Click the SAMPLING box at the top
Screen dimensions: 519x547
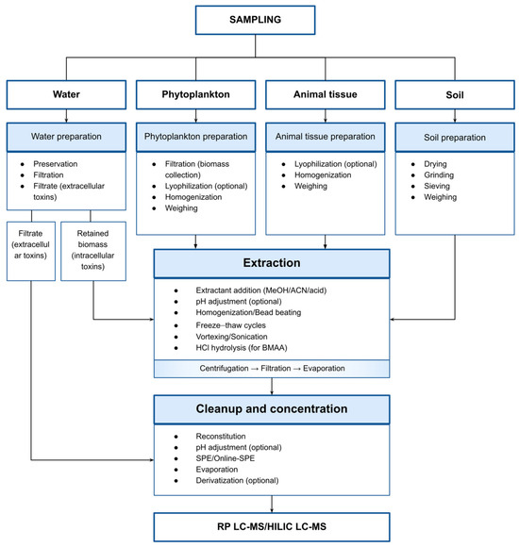pyautogui.click(x=255, y=20)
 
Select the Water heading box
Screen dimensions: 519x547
pyautogui.click(x=66, y=94)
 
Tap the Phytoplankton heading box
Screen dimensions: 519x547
pyautogui.click(x=195, y=94)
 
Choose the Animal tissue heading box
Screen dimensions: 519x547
pyautogui.click(x=326, y=94)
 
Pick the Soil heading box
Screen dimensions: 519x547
pyautogui.click(x=455, y=95)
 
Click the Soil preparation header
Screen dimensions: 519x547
pyautogui.click(x=455, y=137)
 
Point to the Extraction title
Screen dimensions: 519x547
pyautogui.click(x=272, y=263)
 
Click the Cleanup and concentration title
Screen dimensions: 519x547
pyautogui.click(x=272, y=409)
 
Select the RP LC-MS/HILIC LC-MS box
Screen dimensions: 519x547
pyautogui.click(x=272, y=527)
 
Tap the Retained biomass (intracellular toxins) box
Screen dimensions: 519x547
pyautogui.click(x=93, y=251)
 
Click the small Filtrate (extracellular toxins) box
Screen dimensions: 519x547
pyautogui.click(x=31, y=251)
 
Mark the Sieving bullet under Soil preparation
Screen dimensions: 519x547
pyautogui.click(x=437, y=186)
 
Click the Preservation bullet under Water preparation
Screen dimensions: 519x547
pyautogui.click(x=55, y=164)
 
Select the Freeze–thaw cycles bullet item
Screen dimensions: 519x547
pyautogui.click(x=230, y=325)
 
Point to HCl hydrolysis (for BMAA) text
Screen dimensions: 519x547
pyautogui.click(x=242, y=348)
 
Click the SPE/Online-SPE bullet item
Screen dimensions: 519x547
pyautogui.click(x=226, y=458)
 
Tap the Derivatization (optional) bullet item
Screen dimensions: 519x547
pyautogui.click(x=237, y=481)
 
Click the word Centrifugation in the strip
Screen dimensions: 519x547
pyautogui.click(x=224, y=369)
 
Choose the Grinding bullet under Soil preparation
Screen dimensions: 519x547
pyautogui.click(x=439, y=175)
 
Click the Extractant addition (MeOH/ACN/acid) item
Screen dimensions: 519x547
pyautogui.click(x=261, y=290)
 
